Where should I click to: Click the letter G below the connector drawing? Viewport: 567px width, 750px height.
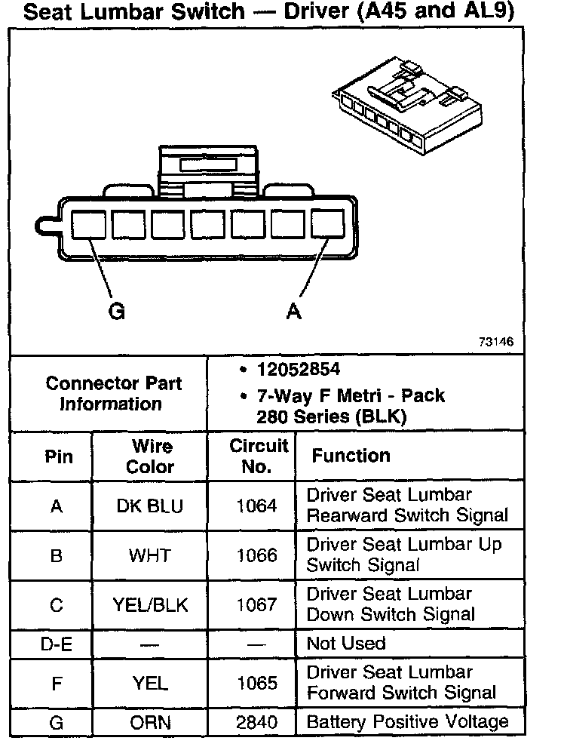tap(117, 312)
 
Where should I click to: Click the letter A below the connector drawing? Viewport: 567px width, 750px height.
tap(294, 312)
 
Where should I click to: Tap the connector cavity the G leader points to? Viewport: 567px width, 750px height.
tap(88, 226)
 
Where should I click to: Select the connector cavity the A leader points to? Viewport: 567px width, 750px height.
tap(327, 226)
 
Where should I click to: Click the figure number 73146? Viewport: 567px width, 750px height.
tap(496, 342)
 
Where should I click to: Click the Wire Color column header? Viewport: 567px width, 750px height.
tap(150, 456)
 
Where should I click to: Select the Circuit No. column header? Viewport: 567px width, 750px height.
tap(258, 456)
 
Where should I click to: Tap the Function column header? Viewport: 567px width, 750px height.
tap(351, 456)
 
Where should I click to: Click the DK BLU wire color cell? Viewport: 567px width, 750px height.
tap(150, 506)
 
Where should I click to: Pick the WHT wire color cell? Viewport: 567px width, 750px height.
tap(150, 556)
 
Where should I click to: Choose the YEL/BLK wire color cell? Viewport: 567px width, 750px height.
tap(150, 605)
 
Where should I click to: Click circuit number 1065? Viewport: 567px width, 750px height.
tap(257, 684)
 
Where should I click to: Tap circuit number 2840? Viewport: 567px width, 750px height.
tap(257, 723)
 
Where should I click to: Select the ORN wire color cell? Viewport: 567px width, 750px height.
tap(150, 723)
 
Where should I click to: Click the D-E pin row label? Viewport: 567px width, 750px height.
tap(56, 644)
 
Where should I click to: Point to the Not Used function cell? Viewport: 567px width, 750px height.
tap(346, 644)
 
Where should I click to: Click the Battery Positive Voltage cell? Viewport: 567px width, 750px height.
tap(407, 722)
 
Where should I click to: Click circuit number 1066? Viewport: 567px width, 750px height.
tap(257, 556)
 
